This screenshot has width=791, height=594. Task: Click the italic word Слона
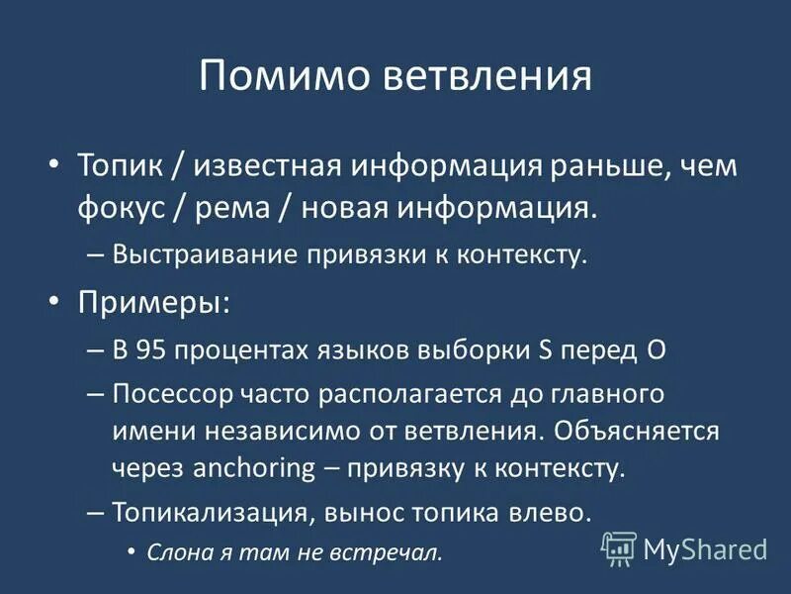[174, 552]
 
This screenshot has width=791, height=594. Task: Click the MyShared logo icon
[619, 548]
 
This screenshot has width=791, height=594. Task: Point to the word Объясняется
[633, 431]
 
